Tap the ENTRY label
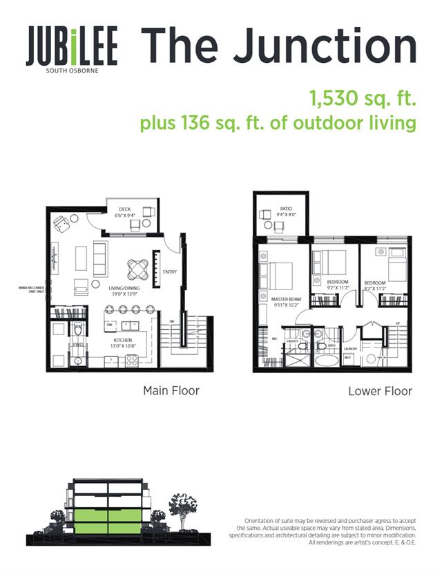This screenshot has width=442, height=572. tap(169, 271)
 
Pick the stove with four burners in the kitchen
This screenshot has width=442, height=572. tap(131, 359)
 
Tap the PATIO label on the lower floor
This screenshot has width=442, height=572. tap(287, 207)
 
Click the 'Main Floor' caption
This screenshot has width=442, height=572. tap(171, 391)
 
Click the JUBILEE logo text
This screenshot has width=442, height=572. tap(71, 47)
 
